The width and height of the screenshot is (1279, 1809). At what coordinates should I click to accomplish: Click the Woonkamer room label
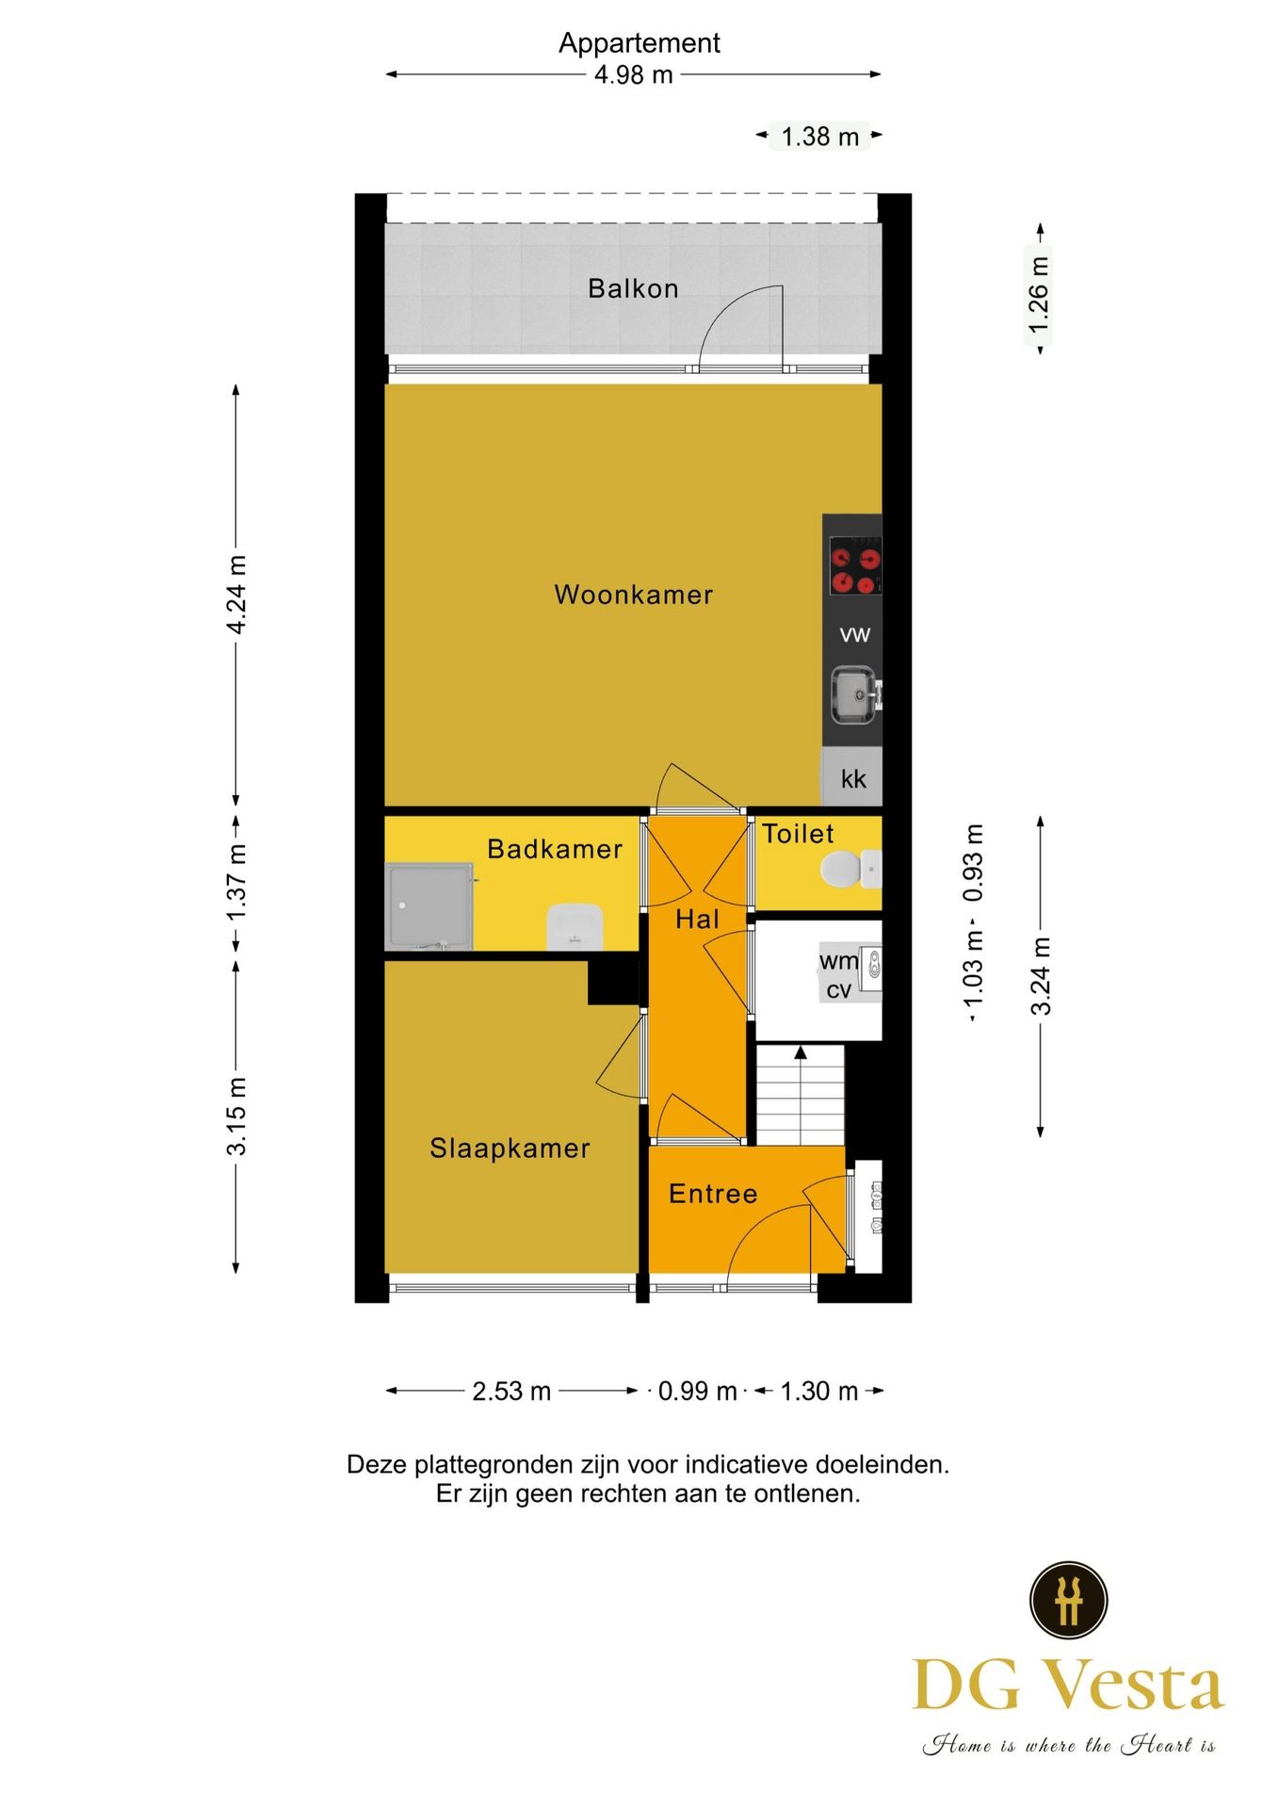point(633,595)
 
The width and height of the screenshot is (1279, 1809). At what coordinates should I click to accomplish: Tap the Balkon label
point(633,288)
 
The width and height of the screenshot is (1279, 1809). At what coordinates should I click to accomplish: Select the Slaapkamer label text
point(510,1148)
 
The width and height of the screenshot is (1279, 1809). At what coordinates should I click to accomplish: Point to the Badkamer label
point(555,849)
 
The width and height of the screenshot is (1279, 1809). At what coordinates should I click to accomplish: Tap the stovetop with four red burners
point(854,565)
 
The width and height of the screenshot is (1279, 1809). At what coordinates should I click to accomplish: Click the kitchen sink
point(855,695)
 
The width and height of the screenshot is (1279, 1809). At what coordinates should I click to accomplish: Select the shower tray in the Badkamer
point(429,905)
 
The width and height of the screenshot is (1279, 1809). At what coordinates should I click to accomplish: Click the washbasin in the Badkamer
point(574,927)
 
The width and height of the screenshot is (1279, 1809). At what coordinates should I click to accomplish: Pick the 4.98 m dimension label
point(634,74)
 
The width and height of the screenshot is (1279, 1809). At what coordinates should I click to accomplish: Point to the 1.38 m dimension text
point(820,137)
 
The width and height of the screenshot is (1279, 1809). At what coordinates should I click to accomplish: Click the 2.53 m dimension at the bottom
point(511,1391)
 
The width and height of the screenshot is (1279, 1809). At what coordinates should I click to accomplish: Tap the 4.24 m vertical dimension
point(236,595)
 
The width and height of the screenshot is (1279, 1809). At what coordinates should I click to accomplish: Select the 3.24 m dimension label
point(1041,976)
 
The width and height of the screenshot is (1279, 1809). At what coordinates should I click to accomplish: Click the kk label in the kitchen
point(853,778)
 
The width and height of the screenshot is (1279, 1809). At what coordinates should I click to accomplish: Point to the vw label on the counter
point(854,634)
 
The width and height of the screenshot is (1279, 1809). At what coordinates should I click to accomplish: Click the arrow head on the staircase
point(800,1052)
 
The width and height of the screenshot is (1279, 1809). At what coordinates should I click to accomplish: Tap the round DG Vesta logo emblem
point(1068,1600)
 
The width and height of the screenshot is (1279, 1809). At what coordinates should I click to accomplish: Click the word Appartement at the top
point(639,43)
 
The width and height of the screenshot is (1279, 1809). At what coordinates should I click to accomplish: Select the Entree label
point(713,1194)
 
